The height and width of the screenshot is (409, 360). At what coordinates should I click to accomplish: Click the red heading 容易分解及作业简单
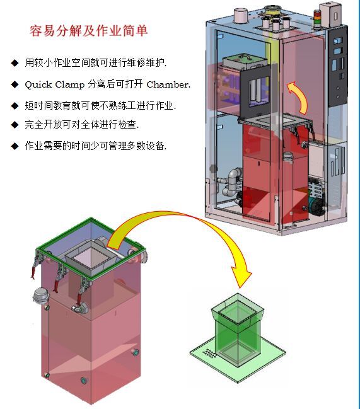coord(89,31)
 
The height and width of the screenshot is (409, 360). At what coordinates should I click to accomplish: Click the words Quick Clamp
coord(55,84)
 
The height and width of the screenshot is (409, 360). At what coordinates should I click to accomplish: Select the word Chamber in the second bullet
coord(168,84)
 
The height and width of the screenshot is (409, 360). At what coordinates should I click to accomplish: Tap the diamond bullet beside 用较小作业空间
coord(15,63)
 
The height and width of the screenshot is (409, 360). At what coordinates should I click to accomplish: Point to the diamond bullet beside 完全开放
coord(15,125)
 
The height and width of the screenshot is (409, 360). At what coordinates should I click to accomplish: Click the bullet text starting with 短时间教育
coord(100,105)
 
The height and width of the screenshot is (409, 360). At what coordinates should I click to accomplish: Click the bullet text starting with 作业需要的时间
coord(95,146)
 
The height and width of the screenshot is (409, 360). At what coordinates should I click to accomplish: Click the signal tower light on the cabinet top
coord(316,19)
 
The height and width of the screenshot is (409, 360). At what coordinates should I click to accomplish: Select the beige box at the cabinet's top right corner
coord(330,14)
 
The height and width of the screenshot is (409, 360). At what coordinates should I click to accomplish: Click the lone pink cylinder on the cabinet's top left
coord(240,15)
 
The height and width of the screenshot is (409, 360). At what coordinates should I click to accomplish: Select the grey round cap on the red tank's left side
coord(41,295)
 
